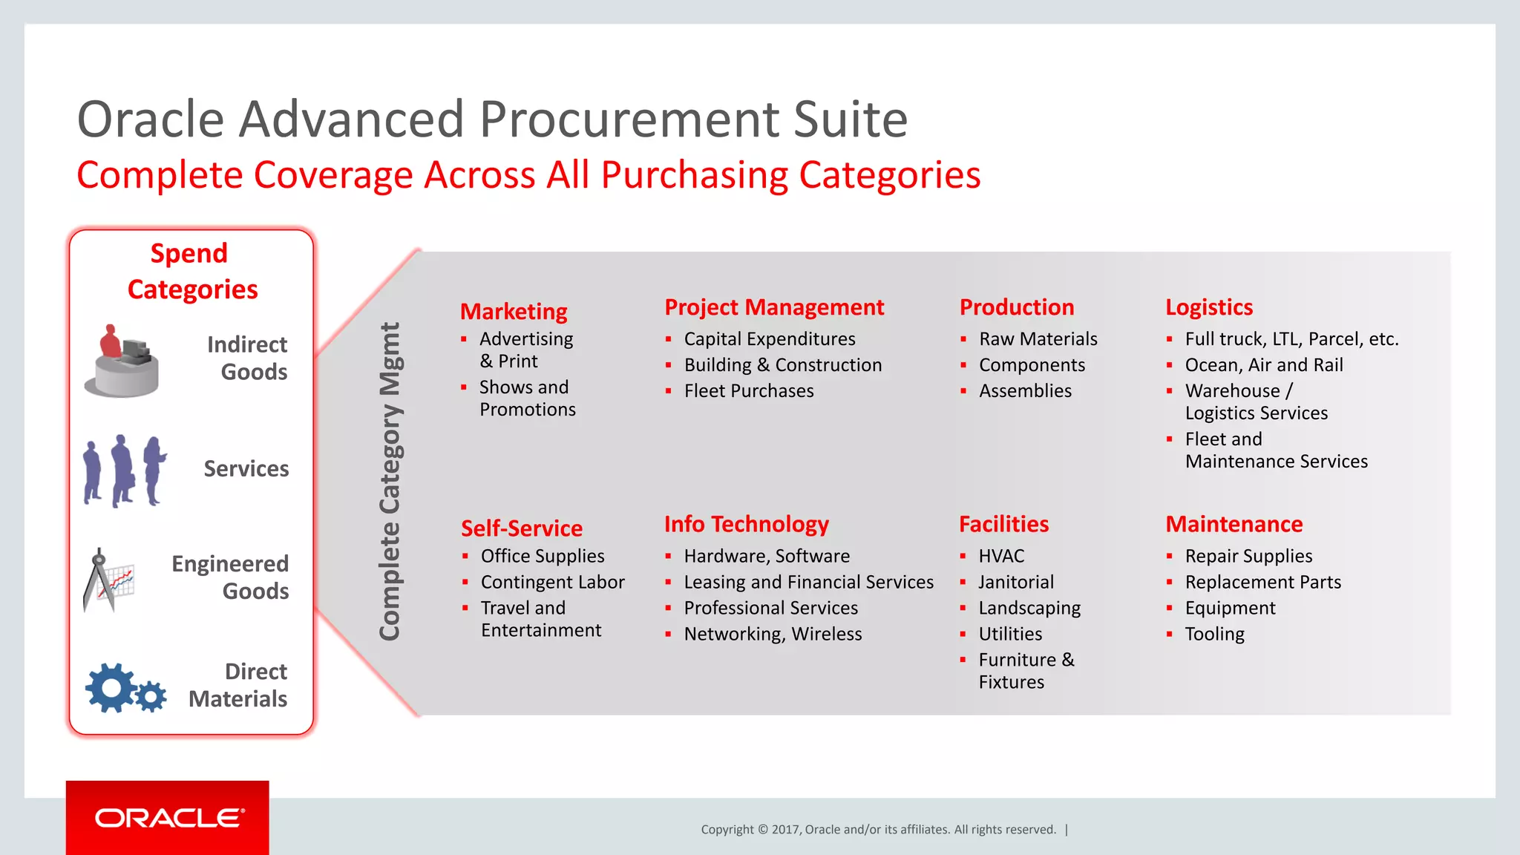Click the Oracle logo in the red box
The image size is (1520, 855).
(169, 818)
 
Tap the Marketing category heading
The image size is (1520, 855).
(514, 312)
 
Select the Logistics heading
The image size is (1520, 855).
(1209, 307)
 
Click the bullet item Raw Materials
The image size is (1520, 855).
(1038, 339)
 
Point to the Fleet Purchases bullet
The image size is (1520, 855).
(748, 391)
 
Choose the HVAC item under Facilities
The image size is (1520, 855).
(1001, 556)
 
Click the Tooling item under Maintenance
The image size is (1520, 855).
(1214, 634)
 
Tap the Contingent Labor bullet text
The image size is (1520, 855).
(552, 582)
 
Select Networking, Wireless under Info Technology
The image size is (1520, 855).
(773, 634)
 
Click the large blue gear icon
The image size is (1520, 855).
(110, 687)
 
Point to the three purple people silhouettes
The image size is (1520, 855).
(124, 471)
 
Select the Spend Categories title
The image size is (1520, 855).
(191, 271)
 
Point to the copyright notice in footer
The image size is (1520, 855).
(878, 830)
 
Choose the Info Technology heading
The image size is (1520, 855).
(746, 524)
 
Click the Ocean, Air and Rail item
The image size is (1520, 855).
(1263, 365)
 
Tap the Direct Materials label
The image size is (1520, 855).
(238, 685)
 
